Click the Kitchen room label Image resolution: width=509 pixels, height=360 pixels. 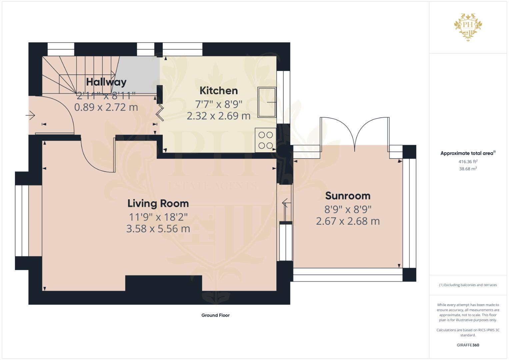point(219,91)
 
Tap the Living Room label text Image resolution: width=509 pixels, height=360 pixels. point(158,203)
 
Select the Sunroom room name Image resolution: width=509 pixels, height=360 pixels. point(348,196)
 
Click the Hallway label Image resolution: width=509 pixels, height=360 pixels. point(106,82)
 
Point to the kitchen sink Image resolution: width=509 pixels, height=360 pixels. point(267,102)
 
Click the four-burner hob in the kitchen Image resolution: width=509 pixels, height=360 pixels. point(266,140)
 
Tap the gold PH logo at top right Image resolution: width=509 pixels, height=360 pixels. point(468,27)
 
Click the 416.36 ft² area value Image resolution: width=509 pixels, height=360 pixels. point(468,162)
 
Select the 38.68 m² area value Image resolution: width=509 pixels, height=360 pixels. point(468,169)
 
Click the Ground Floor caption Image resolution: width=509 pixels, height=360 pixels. point(215,315)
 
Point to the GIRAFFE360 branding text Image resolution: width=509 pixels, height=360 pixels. point(468,345)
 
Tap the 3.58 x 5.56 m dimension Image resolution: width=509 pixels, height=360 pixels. point(158,229)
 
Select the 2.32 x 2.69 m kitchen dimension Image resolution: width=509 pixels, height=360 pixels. point(219,116)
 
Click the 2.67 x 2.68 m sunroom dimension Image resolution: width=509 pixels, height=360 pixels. point(348,221)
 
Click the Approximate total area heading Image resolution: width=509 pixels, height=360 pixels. point(468,153)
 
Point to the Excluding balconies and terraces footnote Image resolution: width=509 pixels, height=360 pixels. point(468,285)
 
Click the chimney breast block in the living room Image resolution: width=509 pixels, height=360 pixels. point(163,283)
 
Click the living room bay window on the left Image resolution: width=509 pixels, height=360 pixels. point(22,220)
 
